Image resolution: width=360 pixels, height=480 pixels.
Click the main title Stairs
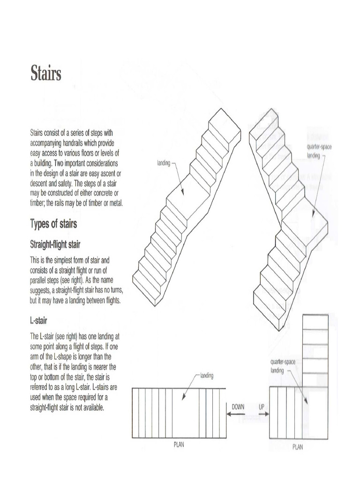tap(46, 73)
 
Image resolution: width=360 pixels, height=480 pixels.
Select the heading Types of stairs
tap(53, 224)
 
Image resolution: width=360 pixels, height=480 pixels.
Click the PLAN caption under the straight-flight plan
tap(179, 445)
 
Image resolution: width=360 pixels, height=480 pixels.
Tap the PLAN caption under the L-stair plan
tap(298, 447)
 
